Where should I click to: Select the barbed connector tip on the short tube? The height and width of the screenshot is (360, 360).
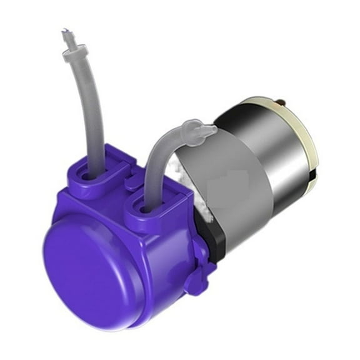pos(207,131)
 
